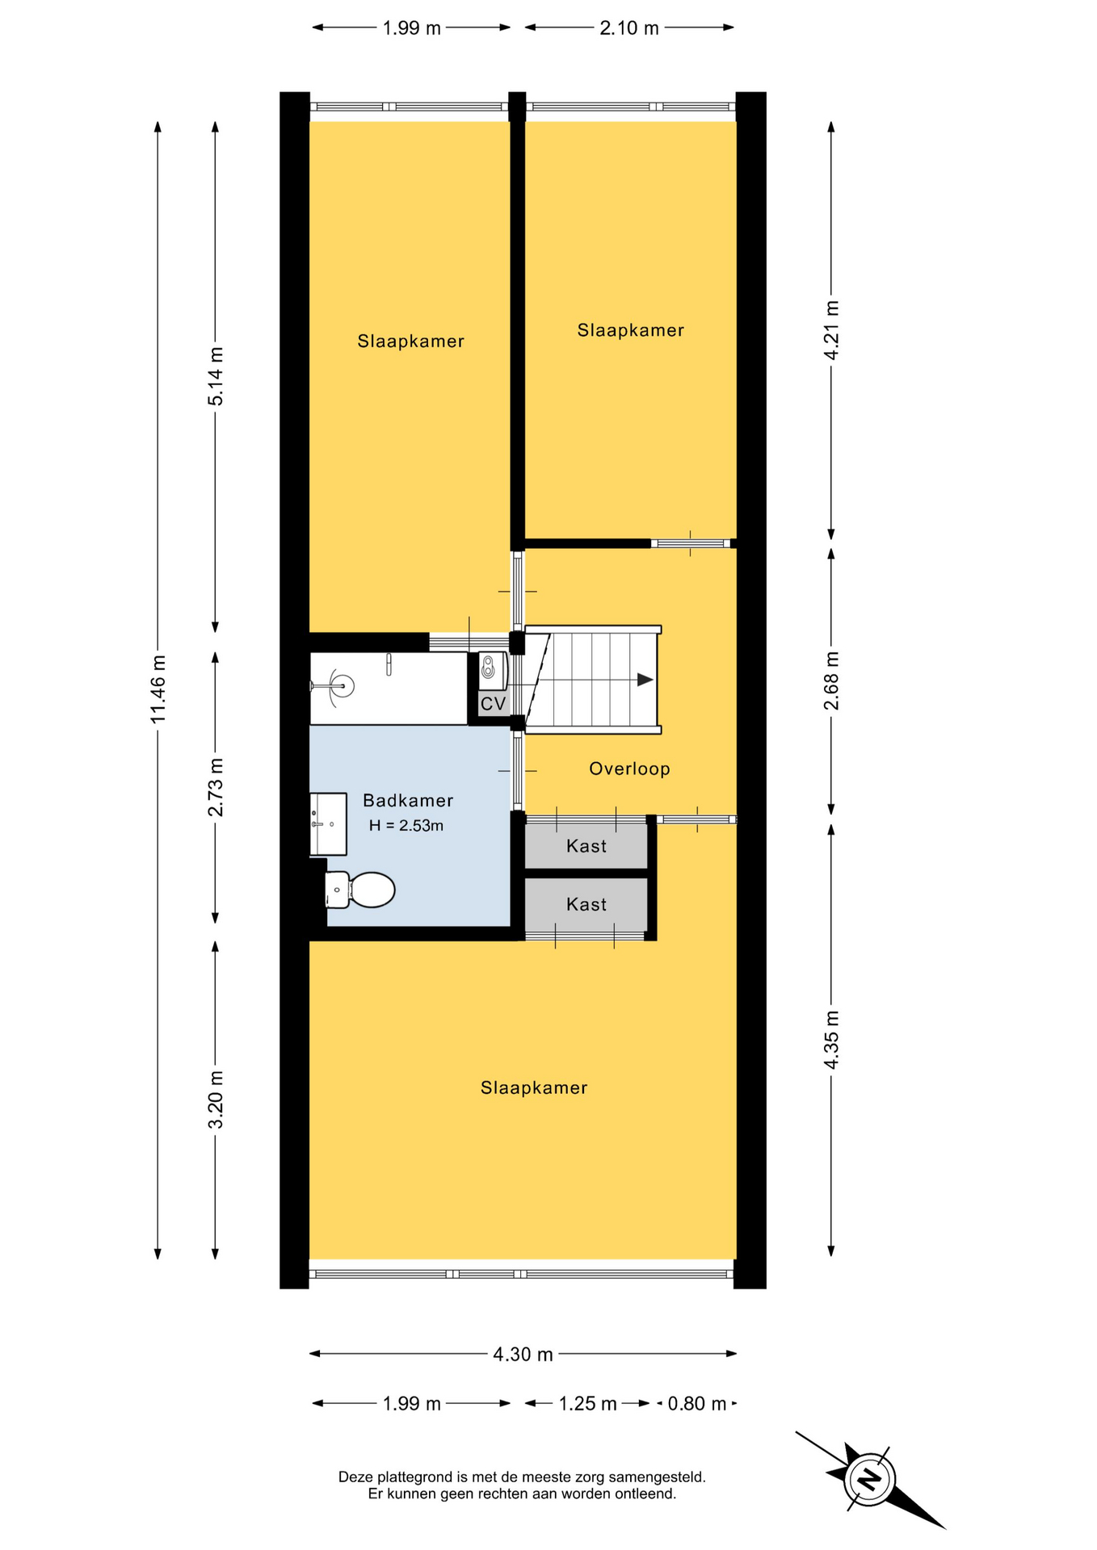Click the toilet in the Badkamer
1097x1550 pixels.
point(359,890)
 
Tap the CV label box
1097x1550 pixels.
point(493,704)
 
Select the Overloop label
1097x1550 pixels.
point(629,769)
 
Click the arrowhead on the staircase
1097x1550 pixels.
point(645,680)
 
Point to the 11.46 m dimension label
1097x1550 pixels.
point(158,689)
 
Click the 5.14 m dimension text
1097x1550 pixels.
point(216,376)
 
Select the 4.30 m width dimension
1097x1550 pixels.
point(523,1354)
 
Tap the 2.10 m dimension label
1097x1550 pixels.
point(629,28)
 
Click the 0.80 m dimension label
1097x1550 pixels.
point(697,1403)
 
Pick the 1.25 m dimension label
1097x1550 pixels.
point(587,1404)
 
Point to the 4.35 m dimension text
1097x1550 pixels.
point(831,1040)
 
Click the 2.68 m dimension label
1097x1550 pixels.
point(831,681)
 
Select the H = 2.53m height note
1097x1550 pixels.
point(406,826)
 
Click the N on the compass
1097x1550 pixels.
point(869,1480)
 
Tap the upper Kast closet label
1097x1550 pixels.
point(586,846)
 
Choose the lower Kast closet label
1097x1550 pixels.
point(586,904)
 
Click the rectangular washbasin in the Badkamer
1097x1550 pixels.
point(328,823)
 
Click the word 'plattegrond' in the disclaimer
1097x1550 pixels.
point(414,1477)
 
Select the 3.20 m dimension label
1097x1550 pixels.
point(216,1100)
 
